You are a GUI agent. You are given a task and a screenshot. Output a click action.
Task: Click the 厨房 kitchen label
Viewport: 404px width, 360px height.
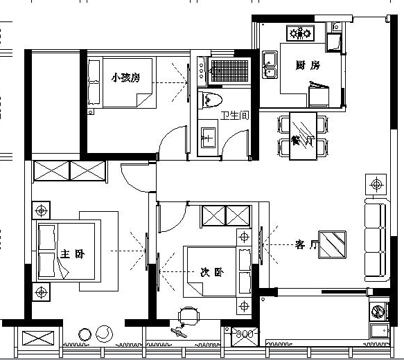pyautogui.click(x=308, y=65)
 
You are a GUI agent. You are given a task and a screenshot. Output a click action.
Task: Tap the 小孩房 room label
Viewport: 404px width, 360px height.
pyautogui.click(x=125, y=78)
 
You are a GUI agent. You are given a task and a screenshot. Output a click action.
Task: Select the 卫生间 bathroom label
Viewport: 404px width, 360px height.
pyautogui.click(x=235, y=116)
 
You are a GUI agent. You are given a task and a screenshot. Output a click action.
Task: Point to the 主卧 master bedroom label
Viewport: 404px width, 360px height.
pyautogui.click(x=72, y=254)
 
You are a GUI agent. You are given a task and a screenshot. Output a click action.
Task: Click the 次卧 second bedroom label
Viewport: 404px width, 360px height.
pyautogui.click(x=212, y=272)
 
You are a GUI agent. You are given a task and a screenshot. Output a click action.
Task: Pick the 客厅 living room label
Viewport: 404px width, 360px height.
pyautogui.click(x=306, y=244)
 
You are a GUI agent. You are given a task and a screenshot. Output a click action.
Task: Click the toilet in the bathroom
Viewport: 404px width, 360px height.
pyautogui.click(x=210, y=100)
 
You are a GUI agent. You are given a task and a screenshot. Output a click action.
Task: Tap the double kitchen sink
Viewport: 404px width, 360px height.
pyautogui.click(x=270, y=64)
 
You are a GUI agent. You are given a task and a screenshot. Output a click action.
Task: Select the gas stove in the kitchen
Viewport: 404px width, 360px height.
pyautogui.click(x=301, y=33)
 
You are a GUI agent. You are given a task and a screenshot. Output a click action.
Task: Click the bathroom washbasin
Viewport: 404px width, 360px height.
pyautogui.click(x=208, y=138)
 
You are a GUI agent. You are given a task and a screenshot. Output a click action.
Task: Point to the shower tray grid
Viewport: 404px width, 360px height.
pyautogui.click(x=229, y=71)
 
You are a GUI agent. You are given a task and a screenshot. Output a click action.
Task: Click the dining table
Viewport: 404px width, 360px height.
pyautogui.click(x=303, y=136)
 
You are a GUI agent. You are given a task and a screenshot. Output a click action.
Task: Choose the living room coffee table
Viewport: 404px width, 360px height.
pyautogui.click(x=332, y=244)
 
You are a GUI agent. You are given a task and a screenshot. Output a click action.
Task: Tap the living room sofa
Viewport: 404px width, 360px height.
pyautogui.click(x=376, y=240)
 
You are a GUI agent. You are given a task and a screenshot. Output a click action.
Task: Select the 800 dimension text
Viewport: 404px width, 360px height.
pyautogui.click(x=245, y=334)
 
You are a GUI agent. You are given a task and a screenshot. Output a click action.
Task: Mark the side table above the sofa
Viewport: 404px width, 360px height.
pyautogui.click(x=376, y=185)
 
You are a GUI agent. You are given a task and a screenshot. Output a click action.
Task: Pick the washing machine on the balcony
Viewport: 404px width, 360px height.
pyautogui.click(x=378, y=311)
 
